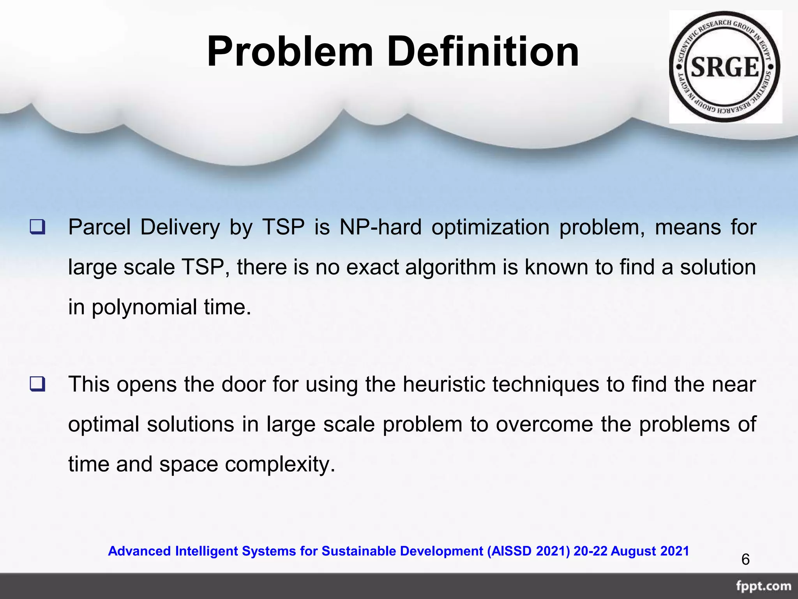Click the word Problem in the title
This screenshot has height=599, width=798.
tap(290, 52)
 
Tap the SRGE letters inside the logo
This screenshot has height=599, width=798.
tap(725, 67)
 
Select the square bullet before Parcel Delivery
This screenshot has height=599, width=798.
tap(37, 227)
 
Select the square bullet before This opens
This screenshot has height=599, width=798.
tap(37, 385)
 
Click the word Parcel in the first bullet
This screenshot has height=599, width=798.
tap(99, 227)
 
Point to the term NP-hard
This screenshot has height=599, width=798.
tap(380, 227)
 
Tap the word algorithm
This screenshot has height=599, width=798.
tap(450, 268)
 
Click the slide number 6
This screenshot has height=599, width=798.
tap(745, 560)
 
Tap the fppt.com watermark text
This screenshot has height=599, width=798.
tap(763, 587)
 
